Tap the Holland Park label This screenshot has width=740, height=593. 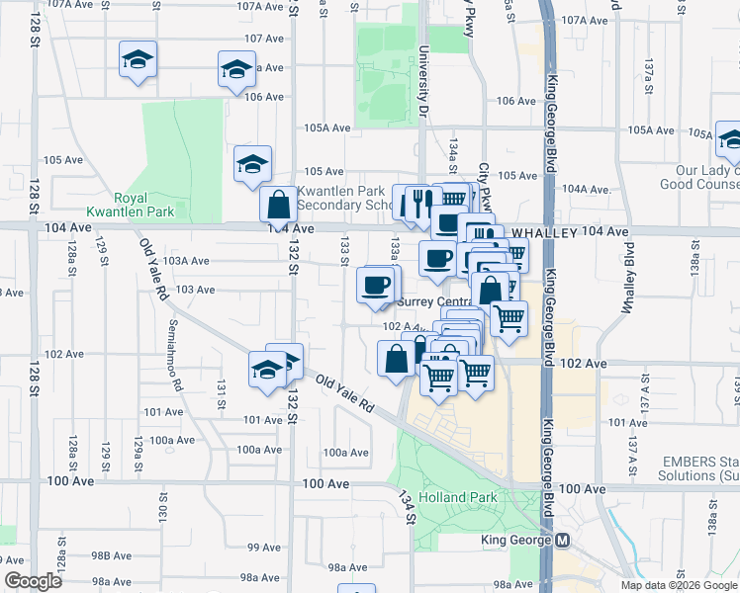pyautogui.click(x=450, y=497)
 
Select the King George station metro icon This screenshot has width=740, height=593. pyautogui.click(x=563, y=541)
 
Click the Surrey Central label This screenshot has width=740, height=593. pyautogui.click(x=433, y=302)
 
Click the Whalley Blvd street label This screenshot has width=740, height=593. pyautogui.click(x=626, y=282)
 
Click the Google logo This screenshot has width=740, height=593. pyautogui.click(x=33, y=581)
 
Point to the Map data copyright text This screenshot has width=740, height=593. pyautogui.click(x=679, y=585)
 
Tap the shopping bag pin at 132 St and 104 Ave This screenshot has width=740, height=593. pyautogui.click(x=279, y=206)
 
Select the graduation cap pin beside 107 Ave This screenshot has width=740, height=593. pyautogui.click(x=236, y=70)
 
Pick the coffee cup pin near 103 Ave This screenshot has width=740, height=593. pyautogui.click(x=374, y=286)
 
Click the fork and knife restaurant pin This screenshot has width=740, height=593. pyautogui.click(x=421, y=203)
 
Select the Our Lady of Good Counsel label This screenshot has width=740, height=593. pyautogui.click(x=698, y=177)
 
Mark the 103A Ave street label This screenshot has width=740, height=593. pyautogui.click(x=188, y=261)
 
